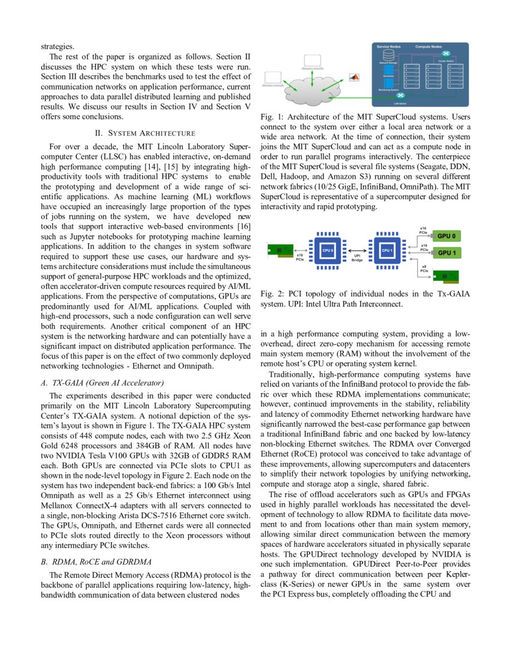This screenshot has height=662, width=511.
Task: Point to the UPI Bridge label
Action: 357,258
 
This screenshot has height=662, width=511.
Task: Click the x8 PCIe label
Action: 424,268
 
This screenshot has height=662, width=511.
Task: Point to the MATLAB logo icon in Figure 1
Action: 355,76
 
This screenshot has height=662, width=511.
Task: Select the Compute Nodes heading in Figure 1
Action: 428,46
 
